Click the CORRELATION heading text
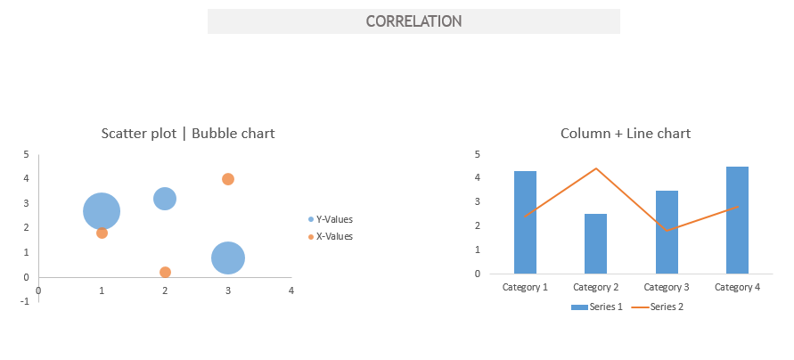[413, 21]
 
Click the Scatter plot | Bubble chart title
[188, 133]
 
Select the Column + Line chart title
[626, 133]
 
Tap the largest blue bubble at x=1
[102, 211]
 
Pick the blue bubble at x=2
[165, 199]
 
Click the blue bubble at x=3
[228, 258]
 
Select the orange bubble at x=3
[228, 179]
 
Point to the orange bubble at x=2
[165, 273]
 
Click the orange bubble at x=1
[102, 233]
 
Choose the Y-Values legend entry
[330, 219]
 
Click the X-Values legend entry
[330, 236]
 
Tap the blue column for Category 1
[525, 222]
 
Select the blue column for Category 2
[595, 244]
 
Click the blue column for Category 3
[667, 233]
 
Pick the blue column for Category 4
[737, 220]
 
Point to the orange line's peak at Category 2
[596, 168]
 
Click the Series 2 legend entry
[659, 307]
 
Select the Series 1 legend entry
[596, 307]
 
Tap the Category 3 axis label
[667, 287]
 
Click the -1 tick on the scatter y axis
[26, 301]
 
